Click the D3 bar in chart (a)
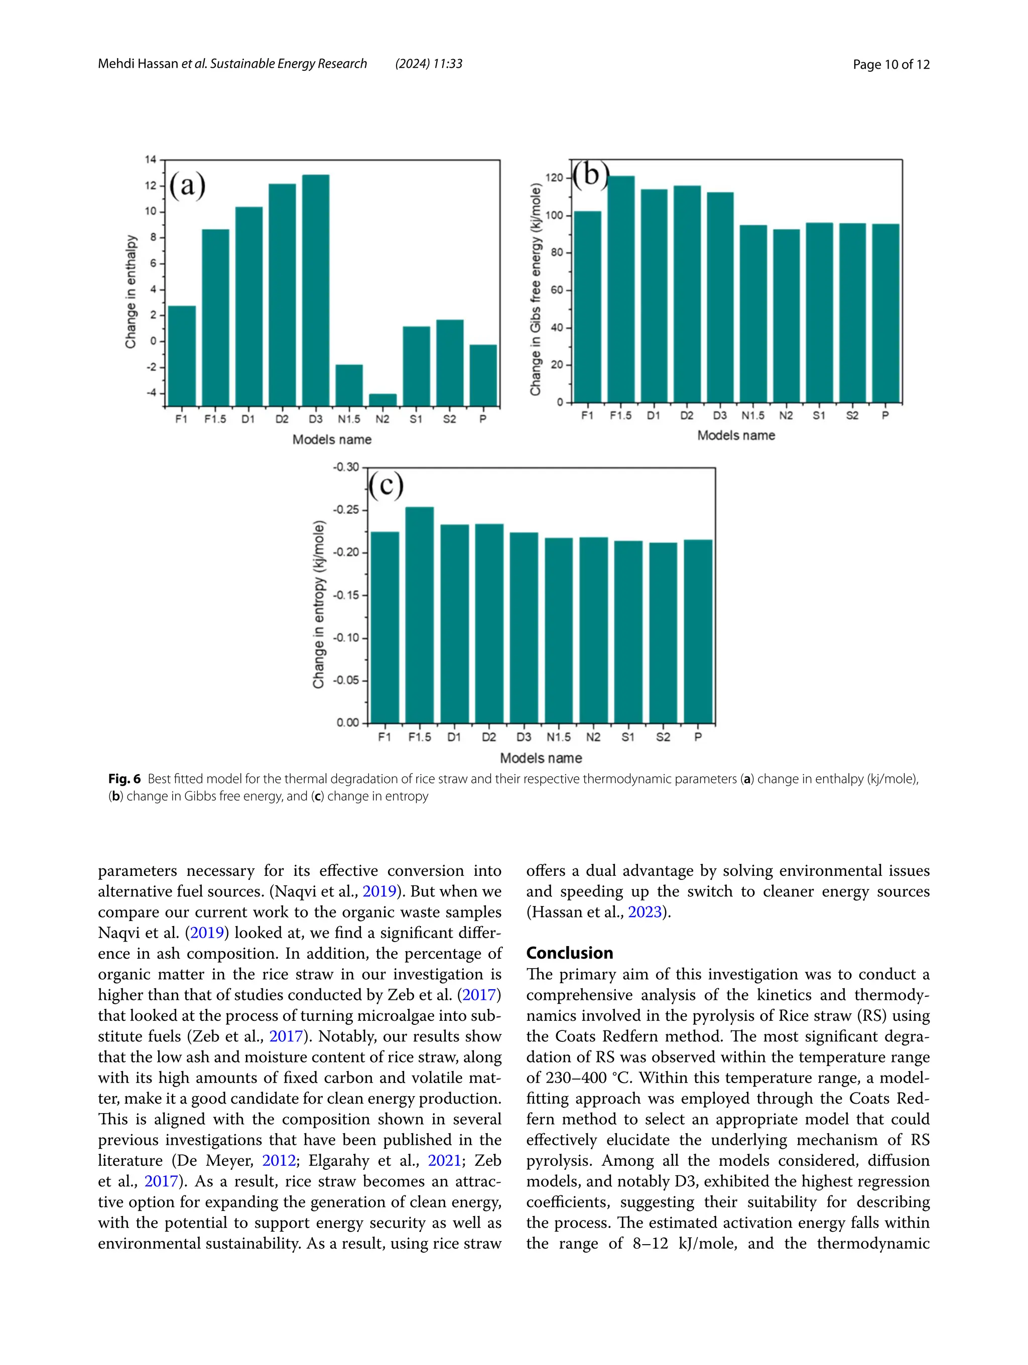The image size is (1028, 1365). tap(316, 290)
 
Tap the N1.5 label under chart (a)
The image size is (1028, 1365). tap(349, 419)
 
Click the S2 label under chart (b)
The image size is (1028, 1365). tap(852, 416)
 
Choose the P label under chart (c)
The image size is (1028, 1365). tap(698, 737)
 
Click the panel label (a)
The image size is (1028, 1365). tap(187, 185)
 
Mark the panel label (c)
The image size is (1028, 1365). tap(386, 485)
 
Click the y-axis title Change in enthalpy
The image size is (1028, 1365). tap(131, 291)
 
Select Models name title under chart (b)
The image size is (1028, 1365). tap(736, 435)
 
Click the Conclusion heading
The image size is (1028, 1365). tap(569, 953)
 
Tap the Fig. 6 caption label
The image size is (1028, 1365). tap(124, 779)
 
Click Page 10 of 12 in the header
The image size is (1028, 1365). tap(890, 64)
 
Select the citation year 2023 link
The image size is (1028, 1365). tap(645, 912)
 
